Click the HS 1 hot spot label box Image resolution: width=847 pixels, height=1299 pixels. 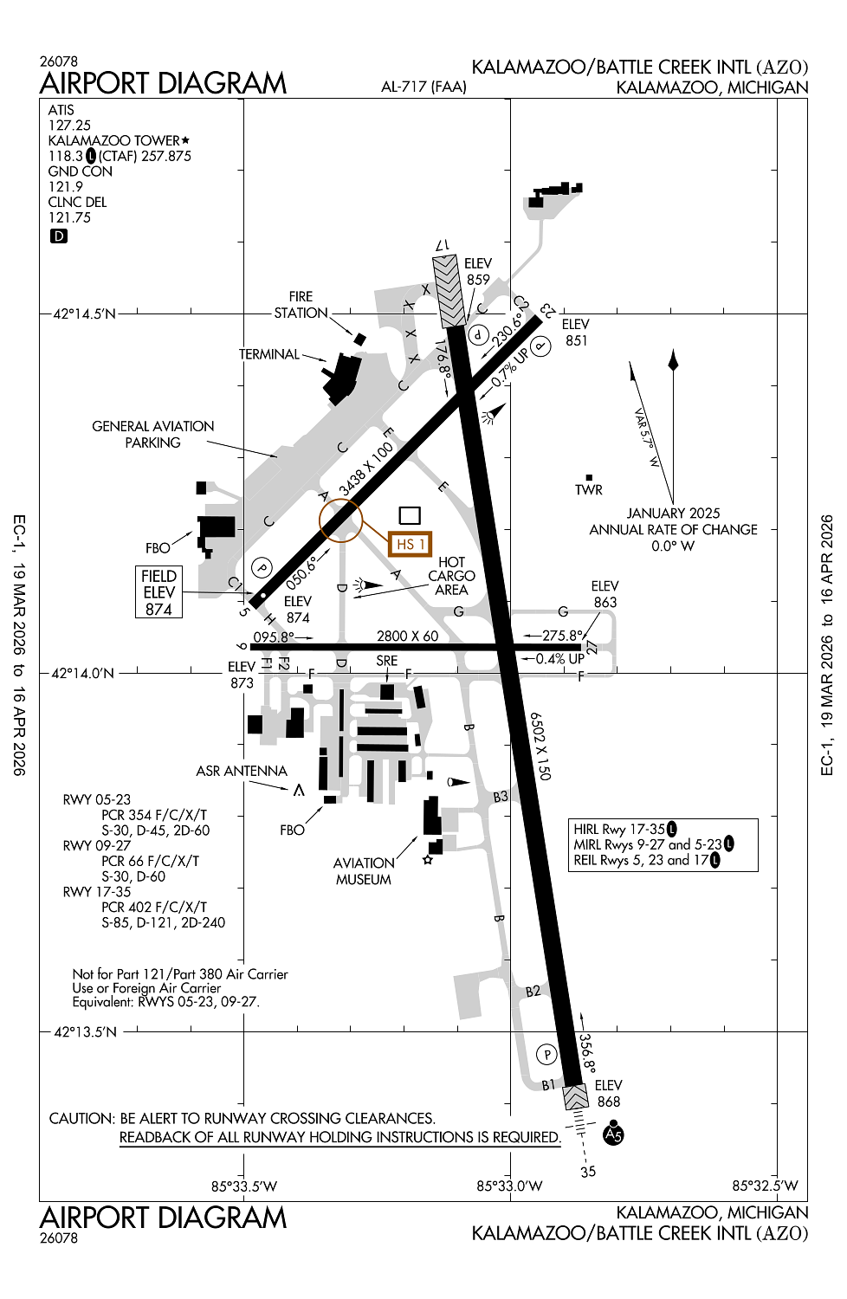[x=410, y=544]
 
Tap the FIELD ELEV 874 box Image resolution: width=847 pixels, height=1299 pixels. [x=158, y=592]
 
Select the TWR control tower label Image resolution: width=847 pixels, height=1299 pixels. [x=588, y=489]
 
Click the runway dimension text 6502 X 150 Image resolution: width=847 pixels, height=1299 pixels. [x=540, y=746]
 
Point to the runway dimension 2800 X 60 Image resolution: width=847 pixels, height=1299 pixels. [x=407, y=636]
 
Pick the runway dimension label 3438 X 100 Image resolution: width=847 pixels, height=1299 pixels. [x=365, y=469]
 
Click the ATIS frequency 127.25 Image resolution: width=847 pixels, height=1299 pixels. [x=69, y=126]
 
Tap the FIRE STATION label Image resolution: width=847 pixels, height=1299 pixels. [x=301, y=305]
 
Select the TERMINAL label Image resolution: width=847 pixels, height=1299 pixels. [x=269, y=354]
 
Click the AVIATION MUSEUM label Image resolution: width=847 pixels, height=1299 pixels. [x=363, y=871]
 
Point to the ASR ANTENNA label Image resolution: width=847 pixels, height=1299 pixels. [x=242, y=771]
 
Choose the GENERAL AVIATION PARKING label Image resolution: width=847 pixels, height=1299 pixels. [x=153, y=434]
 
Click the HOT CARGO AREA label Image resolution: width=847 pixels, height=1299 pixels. [x=451, y=576]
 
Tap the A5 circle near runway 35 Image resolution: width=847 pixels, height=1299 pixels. [x=613, y=1134]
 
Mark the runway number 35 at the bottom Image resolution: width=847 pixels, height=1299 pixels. [x=588, y=1172]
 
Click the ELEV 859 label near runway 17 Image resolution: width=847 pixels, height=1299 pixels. [x=478, y=271]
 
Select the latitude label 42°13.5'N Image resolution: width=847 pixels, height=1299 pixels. [x=85, y=1032]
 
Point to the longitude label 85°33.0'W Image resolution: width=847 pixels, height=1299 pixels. [x=509, y=1186]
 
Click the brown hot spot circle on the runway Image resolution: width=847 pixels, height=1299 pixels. [x=340, y=520]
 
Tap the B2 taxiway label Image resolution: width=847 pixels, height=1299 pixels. [x=533, y=991]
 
